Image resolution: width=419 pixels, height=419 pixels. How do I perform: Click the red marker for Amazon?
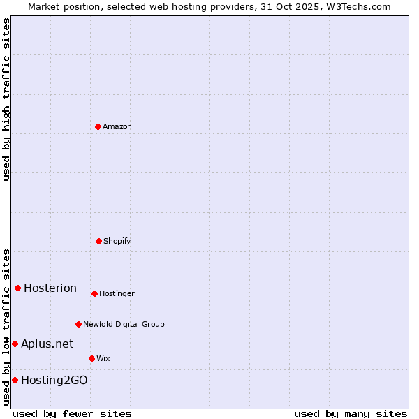pos(98,126)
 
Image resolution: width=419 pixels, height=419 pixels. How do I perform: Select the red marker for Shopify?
pos(98,241)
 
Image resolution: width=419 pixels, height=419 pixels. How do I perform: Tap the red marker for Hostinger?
pos(94,293)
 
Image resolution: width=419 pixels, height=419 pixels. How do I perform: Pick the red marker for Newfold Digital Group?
pos(78,324)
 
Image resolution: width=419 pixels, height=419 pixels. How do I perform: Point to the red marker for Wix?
pos(91,358)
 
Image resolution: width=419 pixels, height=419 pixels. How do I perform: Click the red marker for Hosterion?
pos(17,288)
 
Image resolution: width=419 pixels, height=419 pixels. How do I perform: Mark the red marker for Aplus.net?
pos(15,344)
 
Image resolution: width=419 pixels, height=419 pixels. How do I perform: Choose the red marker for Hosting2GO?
pos(15,380)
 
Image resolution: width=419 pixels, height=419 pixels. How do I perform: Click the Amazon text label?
pos(117,126)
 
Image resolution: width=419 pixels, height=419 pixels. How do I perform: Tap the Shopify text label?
pos(117,241)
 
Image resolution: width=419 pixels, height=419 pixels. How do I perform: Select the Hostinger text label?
pos(117,293)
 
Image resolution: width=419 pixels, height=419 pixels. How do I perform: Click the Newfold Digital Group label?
pos(124,324)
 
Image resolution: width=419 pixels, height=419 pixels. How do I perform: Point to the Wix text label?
pos(103,358)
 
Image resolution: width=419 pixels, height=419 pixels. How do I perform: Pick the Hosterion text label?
pos(50,288)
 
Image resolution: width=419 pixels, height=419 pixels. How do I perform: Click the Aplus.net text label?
pos(47,344)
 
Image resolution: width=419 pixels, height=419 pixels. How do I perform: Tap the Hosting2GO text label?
pos(54,380)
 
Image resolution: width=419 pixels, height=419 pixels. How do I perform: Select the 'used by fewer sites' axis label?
pos(73,413)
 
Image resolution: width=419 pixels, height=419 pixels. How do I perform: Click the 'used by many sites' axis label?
pos(351,413)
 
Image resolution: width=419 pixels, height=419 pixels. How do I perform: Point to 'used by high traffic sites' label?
pos(6,99)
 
